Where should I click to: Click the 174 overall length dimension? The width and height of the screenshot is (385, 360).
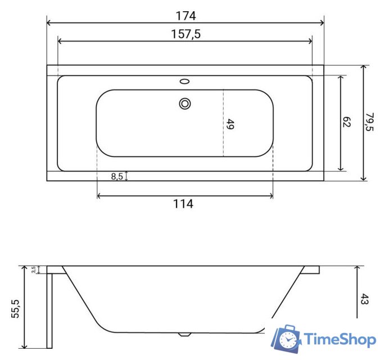pos(185,15)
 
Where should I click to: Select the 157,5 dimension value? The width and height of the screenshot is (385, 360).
pos(185,34)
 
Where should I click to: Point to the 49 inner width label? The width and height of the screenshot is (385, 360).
pos(229,124)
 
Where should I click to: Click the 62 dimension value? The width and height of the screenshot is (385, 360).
pos(347,123)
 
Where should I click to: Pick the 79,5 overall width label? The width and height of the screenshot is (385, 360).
pos(370,122)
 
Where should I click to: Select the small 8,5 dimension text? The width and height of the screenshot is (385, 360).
pos(117,176)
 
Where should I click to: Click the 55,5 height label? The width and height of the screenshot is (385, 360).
pos(16,309)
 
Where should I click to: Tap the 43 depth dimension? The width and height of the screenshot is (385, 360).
pos(364,299)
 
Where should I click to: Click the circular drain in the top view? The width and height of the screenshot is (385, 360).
pos(184,103)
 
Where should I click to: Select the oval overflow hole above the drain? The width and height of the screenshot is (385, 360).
pos(184,82)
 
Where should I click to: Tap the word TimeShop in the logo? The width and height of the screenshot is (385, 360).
pos(339,339)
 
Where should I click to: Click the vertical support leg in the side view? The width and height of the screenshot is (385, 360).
pos(49,309)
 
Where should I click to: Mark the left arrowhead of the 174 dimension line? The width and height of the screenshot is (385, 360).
pos(48,23)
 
